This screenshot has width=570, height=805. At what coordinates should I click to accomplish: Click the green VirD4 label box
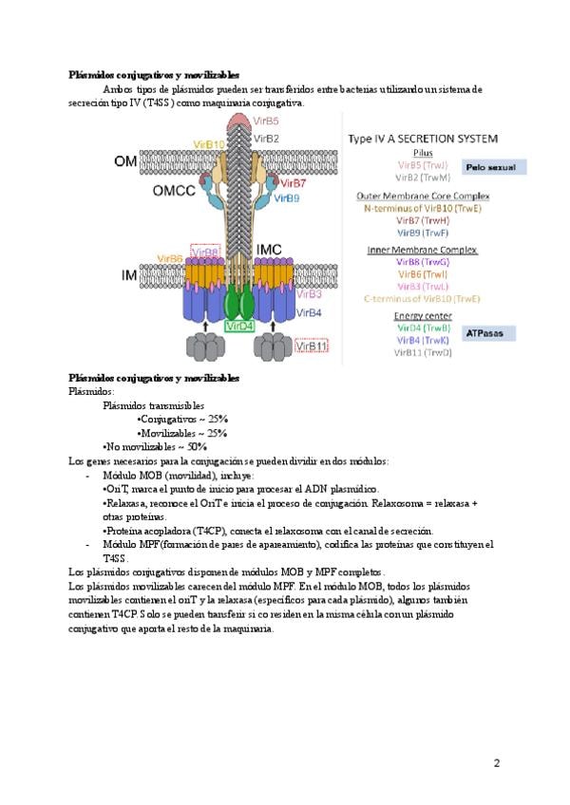pyautogui.click(x=240, y=326)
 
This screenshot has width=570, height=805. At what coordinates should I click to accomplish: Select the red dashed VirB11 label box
pyautogui.click(x=313, y=346)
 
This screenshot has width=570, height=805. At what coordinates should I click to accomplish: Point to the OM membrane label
pyautogui.click(x=125, y=161)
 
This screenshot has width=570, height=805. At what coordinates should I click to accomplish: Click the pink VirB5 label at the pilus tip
pyautogui.click(x=266, y=122)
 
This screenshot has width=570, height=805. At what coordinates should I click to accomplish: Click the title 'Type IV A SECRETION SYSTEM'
pyautogui.click(x=423, y=139)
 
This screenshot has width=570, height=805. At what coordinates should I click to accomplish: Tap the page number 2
pyautogui.click(x=496, y=762)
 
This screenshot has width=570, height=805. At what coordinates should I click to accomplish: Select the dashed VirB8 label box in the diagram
pyautogui.click(x=205, y=252)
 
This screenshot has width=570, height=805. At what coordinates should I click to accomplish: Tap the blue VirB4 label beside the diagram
pyautogui.click(x=310, y=311)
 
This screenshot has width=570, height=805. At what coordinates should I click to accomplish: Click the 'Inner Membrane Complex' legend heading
pyautogui.click(x=422, y=250)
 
